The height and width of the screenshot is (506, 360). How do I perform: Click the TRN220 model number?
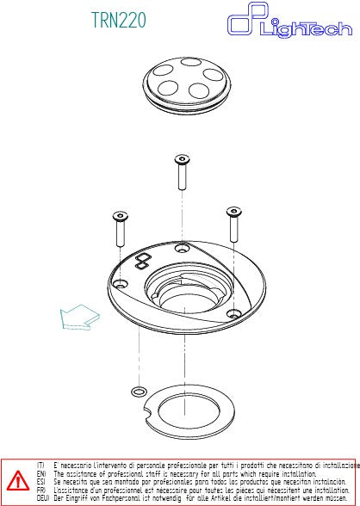119,19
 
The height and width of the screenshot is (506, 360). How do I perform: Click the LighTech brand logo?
289,23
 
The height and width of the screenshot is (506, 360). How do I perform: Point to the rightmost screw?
233,224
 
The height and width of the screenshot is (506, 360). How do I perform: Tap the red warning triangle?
18,479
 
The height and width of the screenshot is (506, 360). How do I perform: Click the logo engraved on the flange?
141,260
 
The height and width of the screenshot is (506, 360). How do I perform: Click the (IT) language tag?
41,465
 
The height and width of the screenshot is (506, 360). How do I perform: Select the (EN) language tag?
41,473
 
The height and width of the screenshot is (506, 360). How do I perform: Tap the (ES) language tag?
41,481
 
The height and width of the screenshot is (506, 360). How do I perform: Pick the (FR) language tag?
41,489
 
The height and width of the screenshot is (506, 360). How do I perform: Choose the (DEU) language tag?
43,497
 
